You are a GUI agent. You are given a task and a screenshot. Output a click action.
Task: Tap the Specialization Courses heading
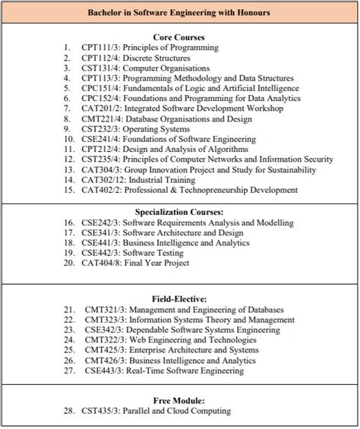point(180,211)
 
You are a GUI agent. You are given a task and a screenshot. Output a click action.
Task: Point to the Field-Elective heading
point(180,299)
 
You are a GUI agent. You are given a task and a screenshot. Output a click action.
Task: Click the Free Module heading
point(180,399)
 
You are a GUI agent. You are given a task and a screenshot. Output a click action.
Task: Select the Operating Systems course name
point(157,129)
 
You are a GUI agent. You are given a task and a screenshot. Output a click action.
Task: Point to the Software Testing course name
point(157,253)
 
